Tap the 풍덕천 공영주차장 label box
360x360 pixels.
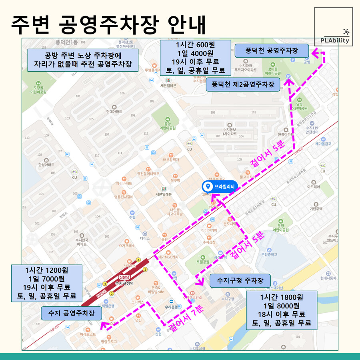(272, 51)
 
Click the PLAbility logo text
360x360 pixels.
(334, 40)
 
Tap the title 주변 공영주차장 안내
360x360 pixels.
(108, 25)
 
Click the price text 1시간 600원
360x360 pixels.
(195, 45)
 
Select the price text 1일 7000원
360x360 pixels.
(47, 279)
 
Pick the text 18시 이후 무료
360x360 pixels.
(282, 314)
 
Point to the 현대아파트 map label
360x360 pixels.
(114, 112)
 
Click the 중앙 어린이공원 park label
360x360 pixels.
(168, 126)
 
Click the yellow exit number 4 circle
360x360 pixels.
(138, 260)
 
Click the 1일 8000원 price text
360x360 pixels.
(282, 306)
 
